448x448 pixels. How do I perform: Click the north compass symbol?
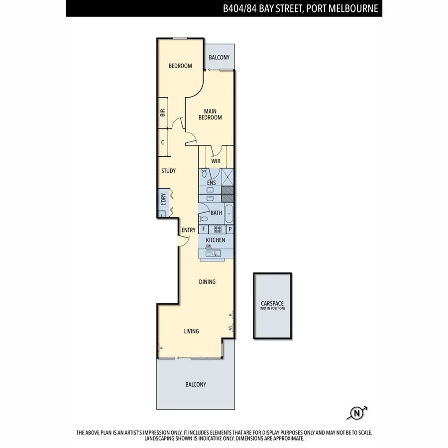coord(356,413)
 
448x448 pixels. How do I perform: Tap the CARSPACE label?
coord(272,303)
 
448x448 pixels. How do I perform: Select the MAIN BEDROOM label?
coord(210,114)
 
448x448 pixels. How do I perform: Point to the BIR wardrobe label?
coord(163,113)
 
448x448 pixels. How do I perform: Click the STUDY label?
coord(168,171)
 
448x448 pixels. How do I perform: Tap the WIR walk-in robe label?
coord(216,161)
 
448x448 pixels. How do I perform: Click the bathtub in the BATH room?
coord(228,214)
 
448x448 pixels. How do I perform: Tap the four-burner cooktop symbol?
coord(218,229)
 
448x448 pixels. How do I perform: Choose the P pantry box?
coord(229,229)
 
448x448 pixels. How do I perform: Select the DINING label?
coord(207,282)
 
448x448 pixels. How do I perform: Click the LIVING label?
coord(191,331)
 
